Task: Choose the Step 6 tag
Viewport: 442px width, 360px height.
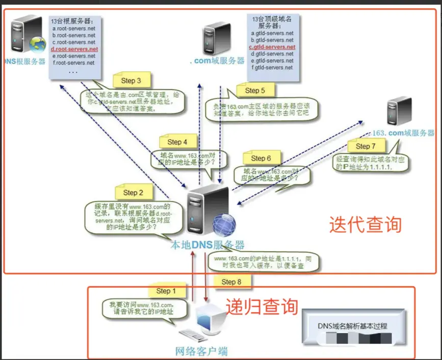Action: (x=265, y=158)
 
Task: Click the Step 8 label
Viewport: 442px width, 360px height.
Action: (x=235, y=281)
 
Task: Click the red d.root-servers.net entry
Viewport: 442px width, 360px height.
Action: (x=74, y=49)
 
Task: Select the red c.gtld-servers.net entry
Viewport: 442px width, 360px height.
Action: (x=272, y=47)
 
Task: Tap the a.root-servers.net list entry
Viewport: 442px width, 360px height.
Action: (x=73, y=29)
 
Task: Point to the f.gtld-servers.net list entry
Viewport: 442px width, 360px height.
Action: (x=272, y=67)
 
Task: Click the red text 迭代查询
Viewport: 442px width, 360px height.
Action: (x=365, y=224)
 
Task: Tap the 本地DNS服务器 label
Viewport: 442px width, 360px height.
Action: (x=207, y=245)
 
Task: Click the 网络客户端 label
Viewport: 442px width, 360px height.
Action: (x=201, y=351)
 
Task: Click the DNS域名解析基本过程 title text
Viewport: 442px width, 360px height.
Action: (x=352, y=326)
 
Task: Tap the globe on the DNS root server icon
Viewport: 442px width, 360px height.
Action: (x=37, y=44)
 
